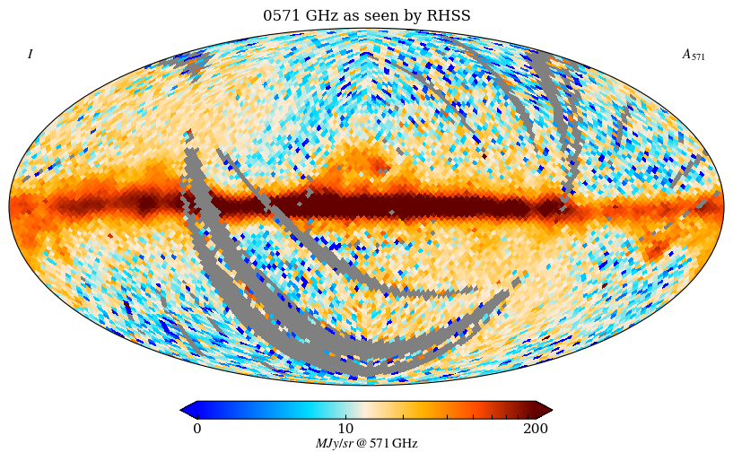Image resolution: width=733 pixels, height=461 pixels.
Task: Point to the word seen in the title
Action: (379, 16)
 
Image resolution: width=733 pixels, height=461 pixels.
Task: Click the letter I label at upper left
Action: (30, 55)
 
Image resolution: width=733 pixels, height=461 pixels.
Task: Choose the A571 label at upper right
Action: (694, 55)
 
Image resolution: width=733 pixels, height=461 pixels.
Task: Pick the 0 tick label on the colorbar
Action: (197, 429)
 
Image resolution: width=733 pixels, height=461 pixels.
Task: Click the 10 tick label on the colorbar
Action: (345, 429)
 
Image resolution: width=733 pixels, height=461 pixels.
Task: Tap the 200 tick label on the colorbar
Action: (536, 429)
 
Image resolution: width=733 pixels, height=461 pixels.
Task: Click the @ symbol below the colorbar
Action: (362, 444)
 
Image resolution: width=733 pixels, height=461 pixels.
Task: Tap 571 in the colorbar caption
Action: (380, 444)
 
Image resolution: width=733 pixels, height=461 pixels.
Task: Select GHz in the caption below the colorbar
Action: (405, 444)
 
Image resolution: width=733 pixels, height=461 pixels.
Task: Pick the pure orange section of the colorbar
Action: (431, 410)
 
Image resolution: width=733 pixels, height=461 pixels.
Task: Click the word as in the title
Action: (348, 16)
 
